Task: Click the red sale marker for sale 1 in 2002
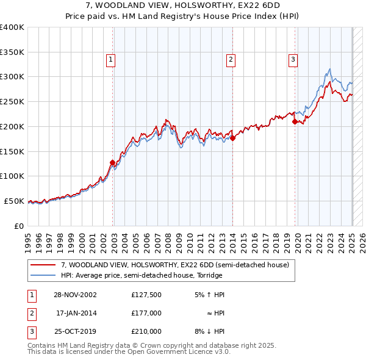point(113,162)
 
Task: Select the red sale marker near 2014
point(232,138)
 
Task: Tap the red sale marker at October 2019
point(295,121)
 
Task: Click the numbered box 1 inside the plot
point(110,59)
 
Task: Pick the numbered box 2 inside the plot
point(231,59)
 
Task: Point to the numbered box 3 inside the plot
point(293,59)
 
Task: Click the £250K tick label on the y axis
point(12,101)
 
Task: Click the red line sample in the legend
point(43,264)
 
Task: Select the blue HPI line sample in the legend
point(43,275)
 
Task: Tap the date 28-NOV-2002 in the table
point(75,294)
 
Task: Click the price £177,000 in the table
point(146,312)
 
